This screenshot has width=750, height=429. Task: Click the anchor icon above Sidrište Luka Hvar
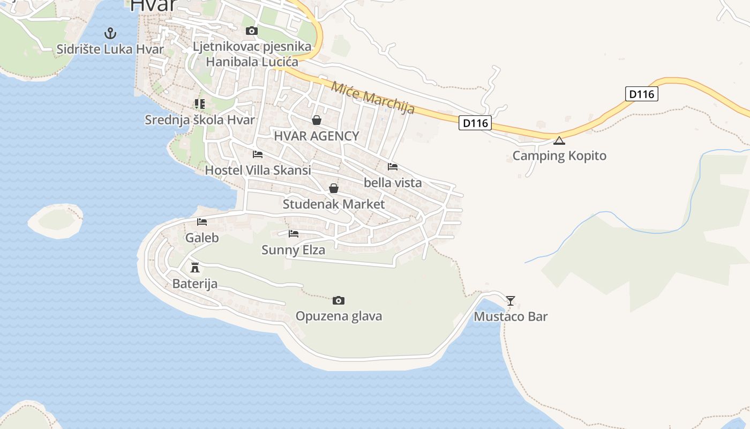(110, 33)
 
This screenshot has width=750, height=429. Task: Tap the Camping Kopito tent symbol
(559, 140)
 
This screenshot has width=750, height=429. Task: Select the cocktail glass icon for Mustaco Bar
(511, 301)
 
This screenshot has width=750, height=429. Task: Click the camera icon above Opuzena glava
(338, 300)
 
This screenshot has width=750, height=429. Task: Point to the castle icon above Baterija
(195, 267)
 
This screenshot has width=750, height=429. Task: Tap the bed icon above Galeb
(202, 222)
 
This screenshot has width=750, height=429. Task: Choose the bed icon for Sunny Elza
(293, 234)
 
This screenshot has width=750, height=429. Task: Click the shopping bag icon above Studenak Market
(333, 188)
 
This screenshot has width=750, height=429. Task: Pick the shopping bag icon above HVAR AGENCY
(317, 120)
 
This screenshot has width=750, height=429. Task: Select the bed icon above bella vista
(393, 167)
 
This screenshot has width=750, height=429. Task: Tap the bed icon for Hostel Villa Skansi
(258, 154)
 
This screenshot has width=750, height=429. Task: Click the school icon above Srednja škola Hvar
(200, 103)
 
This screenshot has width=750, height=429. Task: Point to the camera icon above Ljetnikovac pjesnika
(251, 31)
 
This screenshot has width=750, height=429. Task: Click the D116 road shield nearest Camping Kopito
(475, 123)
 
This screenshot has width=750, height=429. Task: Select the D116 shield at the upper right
(641, 94)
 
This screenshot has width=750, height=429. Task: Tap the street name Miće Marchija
(373, 97)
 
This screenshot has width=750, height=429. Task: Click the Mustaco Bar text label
(511, 316)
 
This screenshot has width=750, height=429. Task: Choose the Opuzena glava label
(339, 316)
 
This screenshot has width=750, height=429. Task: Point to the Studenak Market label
(333, 204)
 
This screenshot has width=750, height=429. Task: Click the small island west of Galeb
(55, 220)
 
